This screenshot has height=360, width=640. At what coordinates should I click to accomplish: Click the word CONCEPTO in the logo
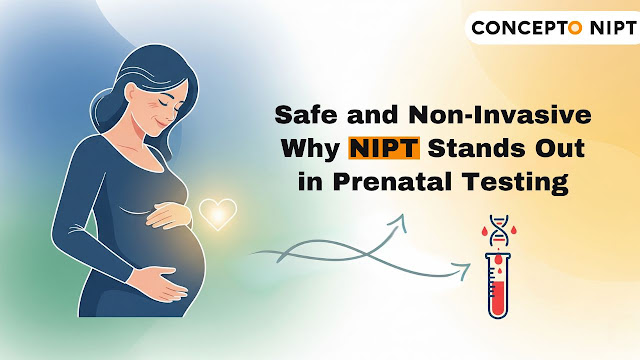[523, 26]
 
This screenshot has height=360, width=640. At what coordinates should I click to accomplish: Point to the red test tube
[496, 285]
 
